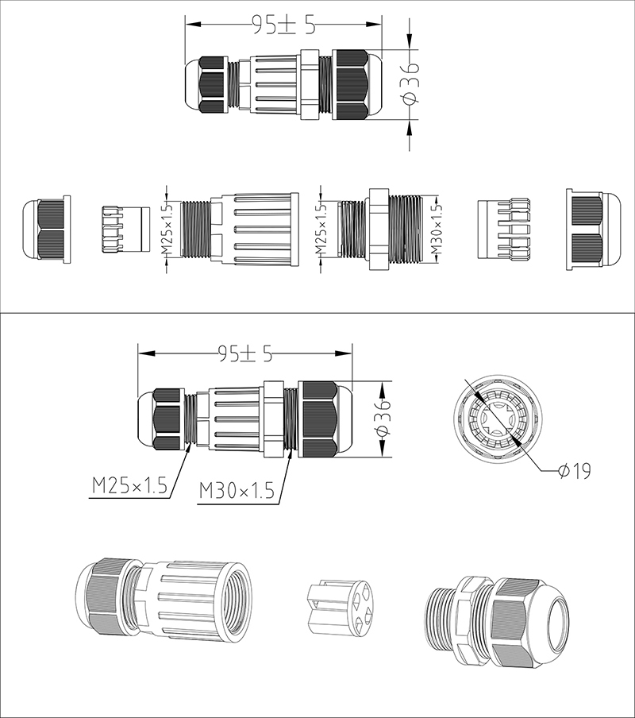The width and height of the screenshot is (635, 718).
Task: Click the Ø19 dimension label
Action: (575, 470)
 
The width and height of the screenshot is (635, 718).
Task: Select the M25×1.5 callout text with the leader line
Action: (130, 486)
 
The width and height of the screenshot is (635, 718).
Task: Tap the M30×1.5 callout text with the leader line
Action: (237, 492)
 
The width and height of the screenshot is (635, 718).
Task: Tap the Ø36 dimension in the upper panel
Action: (410, 85)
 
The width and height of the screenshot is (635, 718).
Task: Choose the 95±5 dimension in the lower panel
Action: (245, 353)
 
